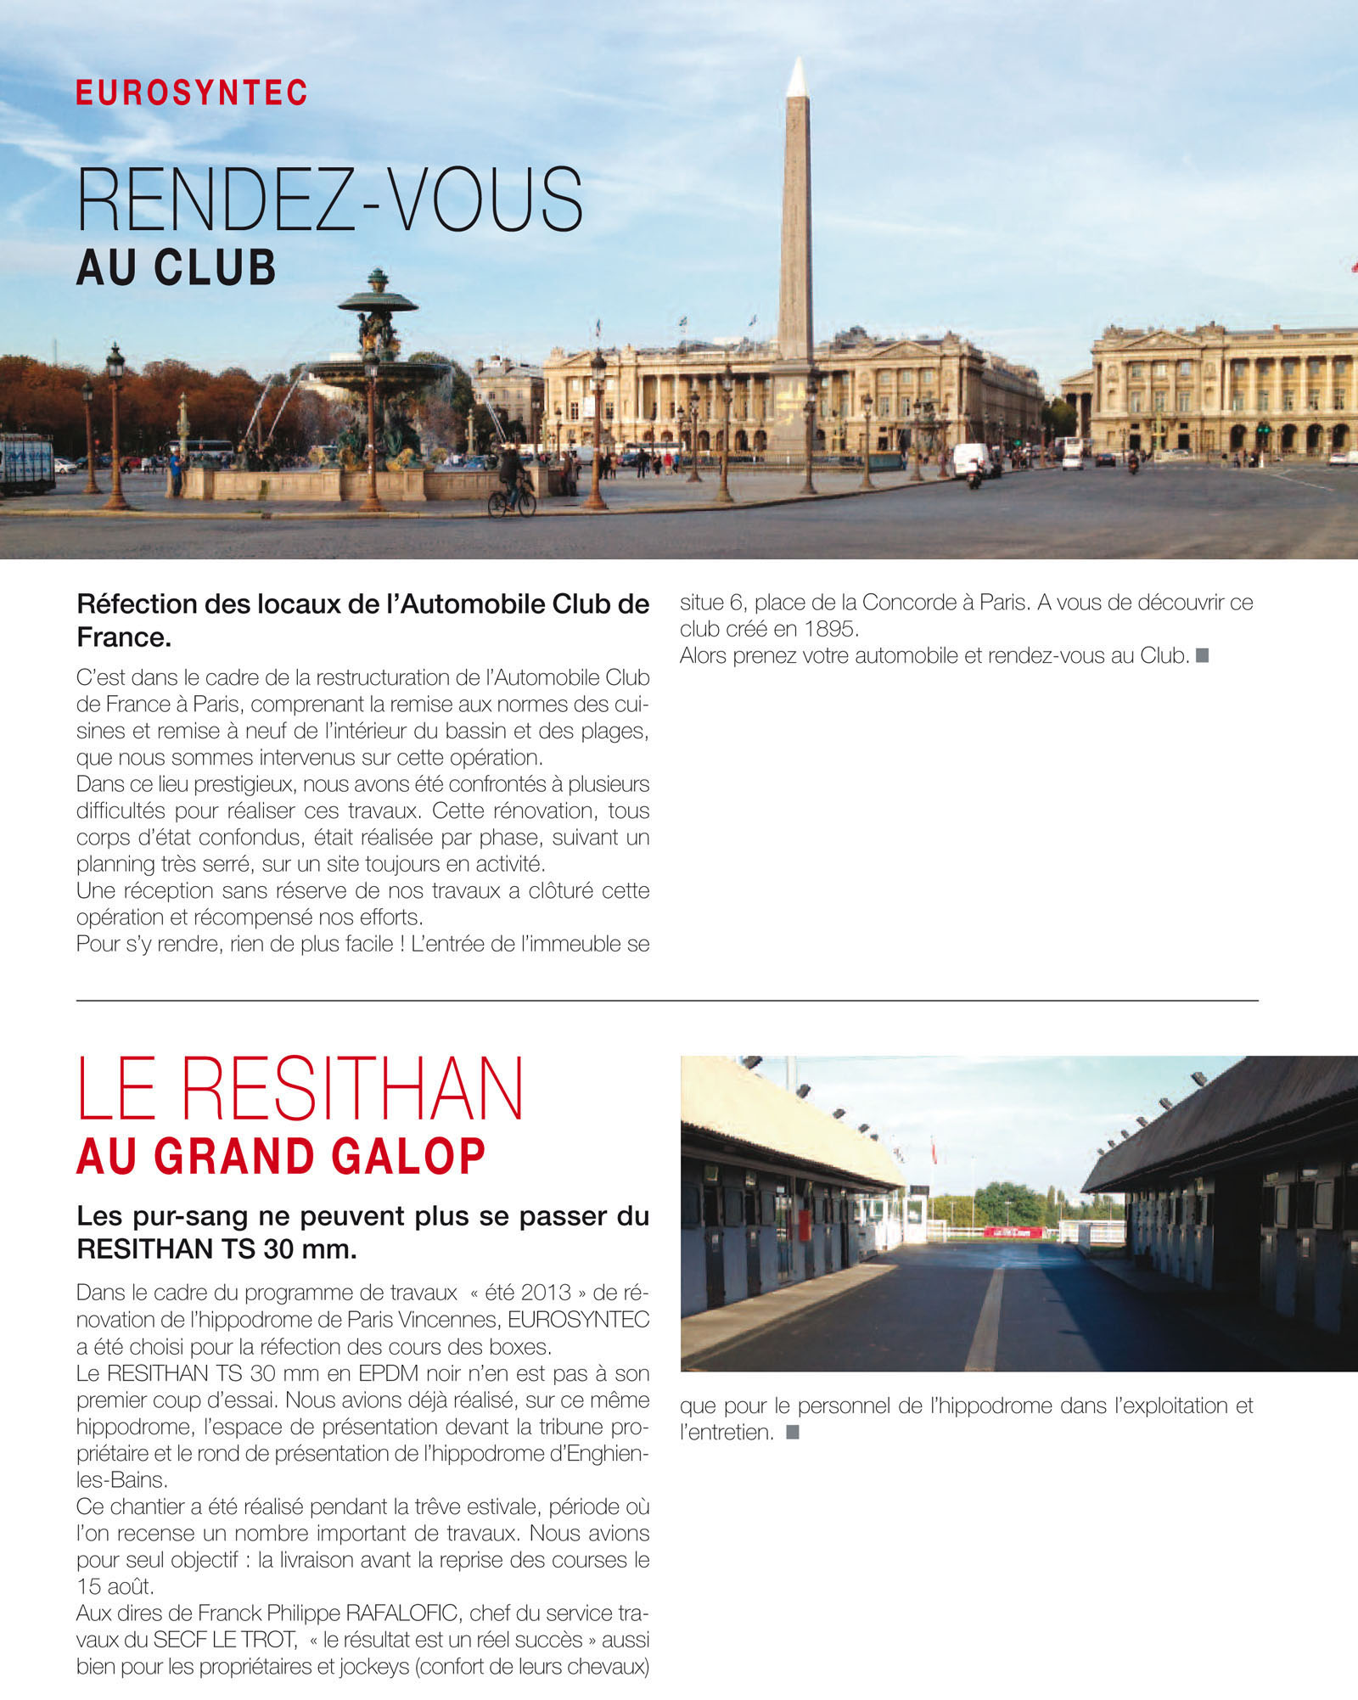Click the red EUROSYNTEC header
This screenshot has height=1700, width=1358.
coord(192,93)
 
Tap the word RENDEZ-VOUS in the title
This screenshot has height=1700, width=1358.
coord(329,200)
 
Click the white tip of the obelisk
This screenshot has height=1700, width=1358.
coord(796,78)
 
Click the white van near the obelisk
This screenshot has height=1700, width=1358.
coord(971,459)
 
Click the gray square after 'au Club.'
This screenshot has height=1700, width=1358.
coord(1202,655)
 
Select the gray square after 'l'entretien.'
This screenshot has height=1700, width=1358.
coord(793,1432)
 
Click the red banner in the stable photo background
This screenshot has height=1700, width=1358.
coord(1013,1232)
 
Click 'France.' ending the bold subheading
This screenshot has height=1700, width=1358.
coord(124,637)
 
